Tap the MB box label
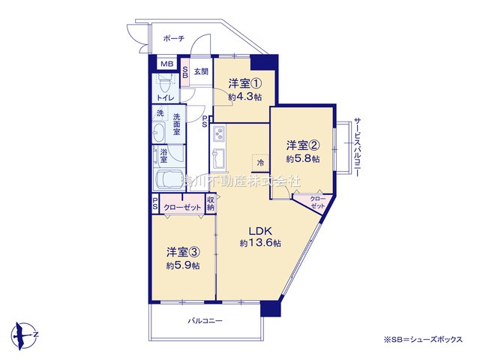pyautogui.click(x=165, y=64)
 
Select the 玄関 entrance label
pyautogui.click(x=200, y=72)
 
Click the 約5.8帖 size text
pyautogui.click(x=302, y=159)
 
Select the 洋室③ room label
pyautogui.click(x=183, y=252)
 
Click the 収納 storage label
pyautogui.click(x=211, y=203)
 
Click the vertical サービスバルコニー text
pyautogui.click(x=358, y=147)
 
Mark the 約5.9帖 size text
pyautogui.click(x=183, y=265)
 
